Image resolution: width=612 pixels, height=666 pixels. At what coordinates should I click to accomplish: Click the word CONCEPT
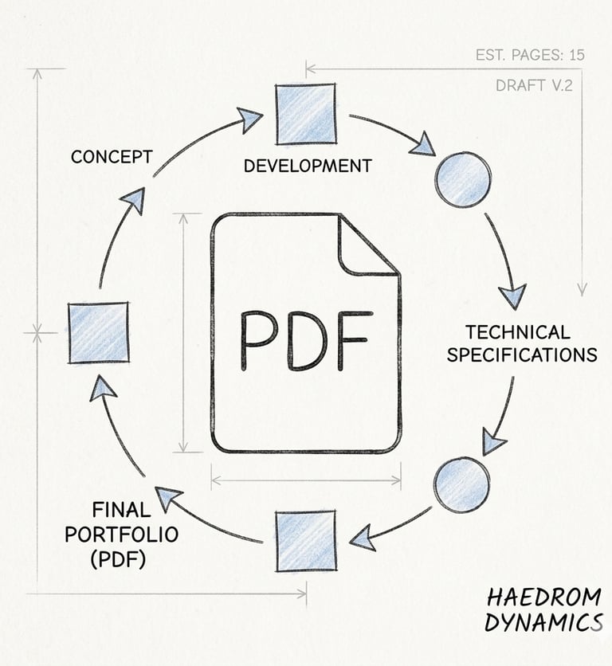click(x=111, y=156)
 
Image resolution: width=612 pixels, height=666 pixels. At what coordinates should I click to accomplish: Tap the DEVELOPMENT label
click(x=307, y=166)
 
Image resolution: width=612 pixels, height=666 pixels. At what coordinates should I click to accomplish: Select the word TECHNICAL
click(x=518, y=331)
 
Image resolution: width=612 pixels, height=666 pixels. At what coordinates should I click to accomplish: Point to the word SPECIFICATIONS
click(x=521, y=355)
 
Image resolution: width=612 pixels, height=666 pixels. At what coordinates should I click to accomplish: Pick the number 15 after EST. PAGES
click(x=576, y=55)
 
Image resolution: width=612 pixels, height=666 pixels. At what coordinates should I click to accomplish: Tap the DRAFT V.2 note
click(x=533, y=85)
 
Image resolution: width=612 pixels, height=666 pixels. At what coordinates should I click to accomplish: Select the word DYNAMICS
click(x=543, y=623)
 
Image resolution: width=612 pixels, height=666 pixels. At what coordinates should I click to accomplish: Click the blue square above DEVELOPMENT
click(x=305, y=113)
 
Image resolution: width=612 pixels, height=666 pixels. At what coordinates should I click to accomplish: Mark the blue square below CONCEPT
click(x=99, y=332)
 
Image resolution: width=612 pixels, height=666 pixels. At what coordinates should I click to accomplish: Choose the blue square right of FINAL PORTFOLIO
click(x=306, y=542)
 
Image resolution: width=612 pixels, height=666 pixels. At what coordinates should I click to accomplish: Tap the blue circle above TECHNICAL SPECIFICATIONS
click(x=463, y=179)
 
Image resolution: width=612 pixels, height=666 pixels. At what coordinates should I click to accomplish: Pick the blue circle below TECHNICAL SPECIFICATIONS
click(x=462, y=484)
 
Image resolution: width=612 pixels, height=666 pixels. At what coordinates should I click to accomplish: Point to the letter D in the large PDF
click(x=306, y=340)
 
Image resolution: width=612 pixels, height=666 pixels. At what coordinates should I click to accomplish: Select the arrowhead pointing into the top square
click(x=250, y=120)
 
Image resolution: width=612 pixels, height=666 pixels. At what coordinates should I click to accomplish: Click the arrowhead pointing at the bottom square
click(x=363, y=539)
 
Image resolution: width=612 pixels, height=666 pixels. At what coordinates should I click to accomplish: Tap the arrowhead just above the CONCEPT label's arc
click(x=136, y=199)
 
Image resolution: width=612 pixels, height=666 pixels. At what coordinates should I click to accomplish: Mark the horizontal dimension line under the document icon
click(x=306, y=480)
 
